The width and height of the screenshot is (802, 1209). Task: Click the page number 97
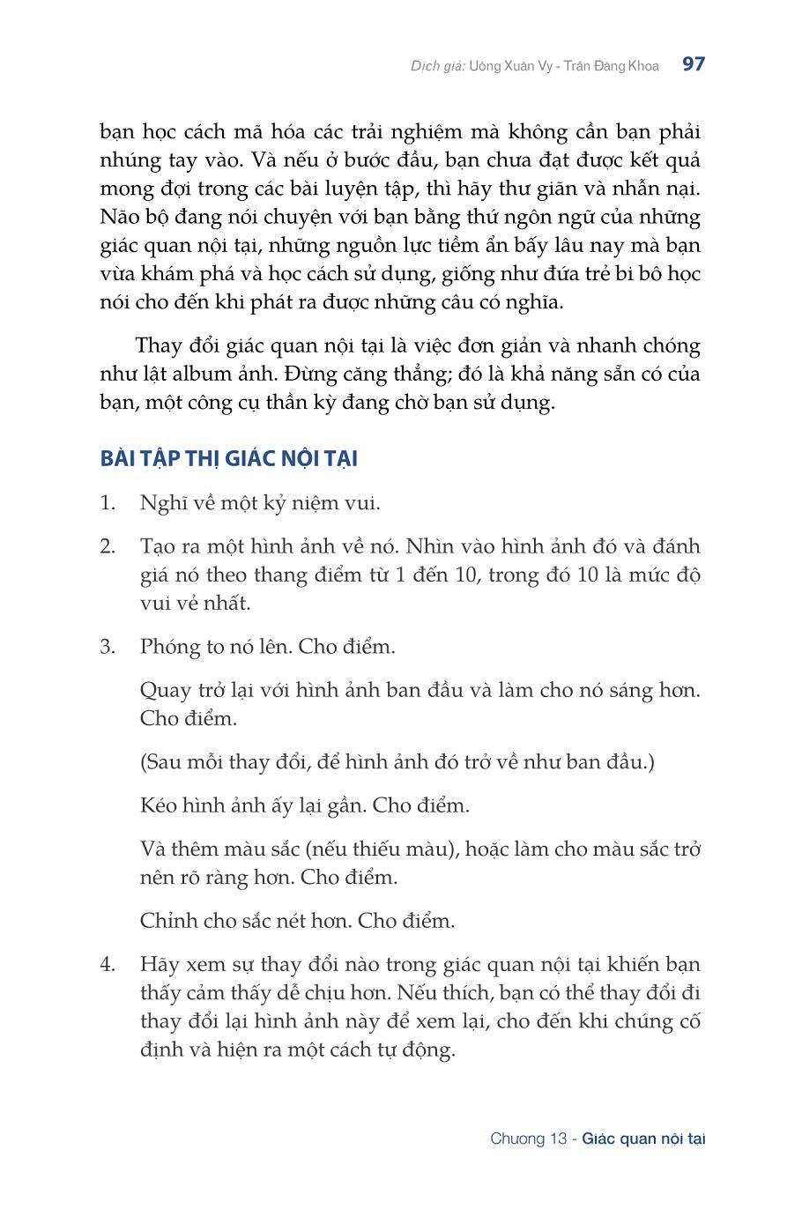(x=693, y=64)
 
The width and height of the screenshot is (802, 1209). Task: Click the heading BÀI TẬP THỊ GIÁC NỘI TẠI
(x=228, y=459)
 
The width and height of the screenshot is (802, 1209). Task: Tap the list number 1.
(x=107, y=503)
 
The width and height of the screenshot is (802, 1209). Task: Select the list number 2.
(x=107, y=546)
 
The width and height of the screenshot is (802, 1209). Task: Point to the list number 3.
(x=107, y=647)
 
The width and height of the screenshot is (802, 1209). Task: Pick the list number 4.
(x=107, y=965)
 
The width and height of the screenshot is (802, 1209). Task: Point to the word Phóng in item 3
(x=170, y=647)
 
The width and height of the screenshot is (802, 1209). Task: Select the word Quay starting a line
(x=163, y=690)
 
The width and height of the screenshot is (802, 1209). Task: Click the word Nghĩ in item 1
(x=161, y=503)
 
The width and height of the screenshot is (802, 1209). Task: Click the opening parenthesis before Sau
(x=144, y=762)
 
